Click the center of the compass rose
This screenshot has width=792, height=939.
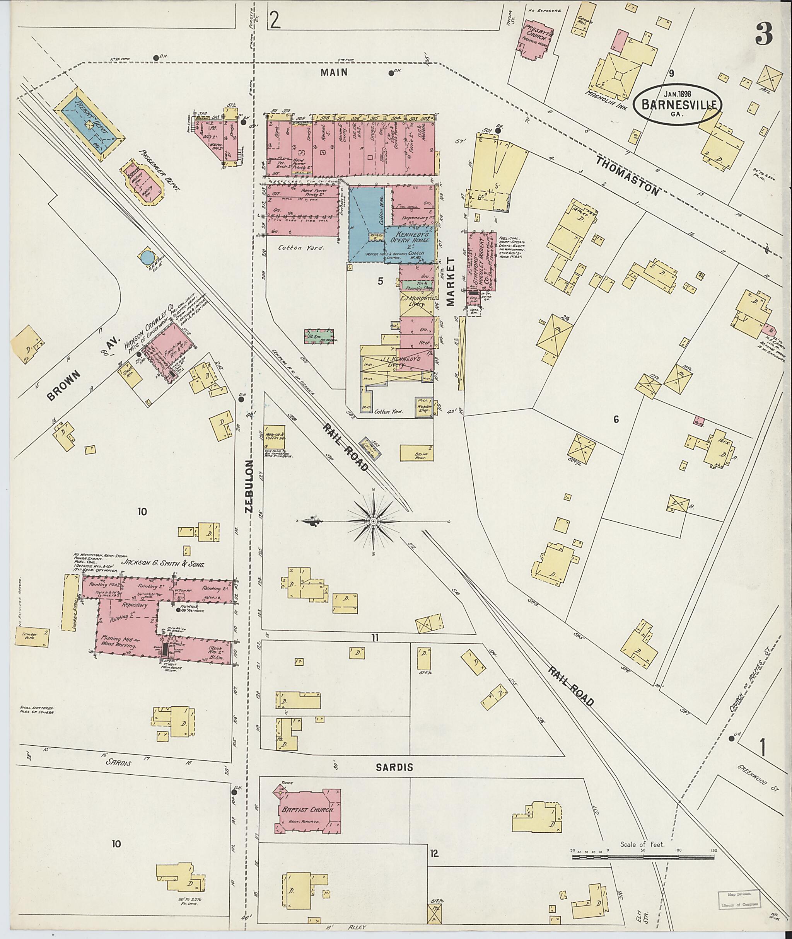click(x=373, y=521)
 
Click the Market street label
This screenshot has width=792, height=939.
click(x=450, y=281)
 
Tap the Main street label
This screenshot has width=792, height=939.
click(x=334, y=72)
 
